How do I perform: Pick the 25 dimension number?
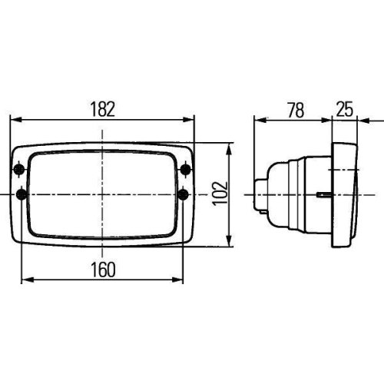(x=345, y=110)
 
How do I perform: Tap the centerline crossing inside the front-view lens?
(x=102, y=194)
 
